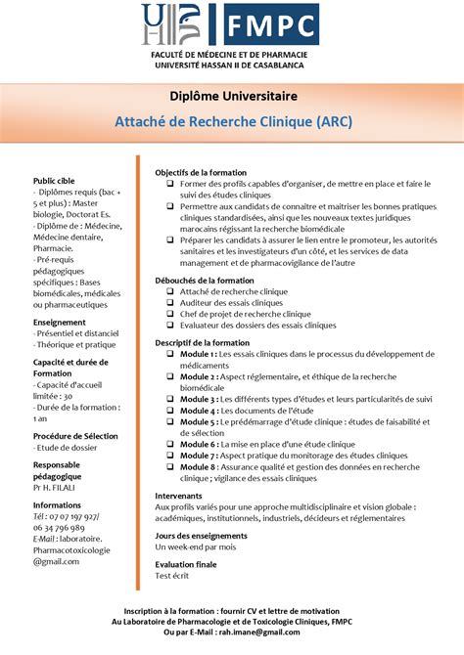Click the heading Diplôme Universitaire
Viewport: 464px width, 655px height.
(232, 97)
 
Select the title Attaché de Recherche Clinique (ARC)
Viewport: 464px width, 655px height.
(232, 122)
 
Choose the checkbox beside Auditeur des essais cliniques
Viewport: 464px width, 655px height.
(170, 303)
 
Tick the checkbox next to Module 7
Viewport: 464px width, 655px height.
(170, 456)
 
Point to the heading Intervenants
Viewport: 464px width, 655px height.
(179, 496)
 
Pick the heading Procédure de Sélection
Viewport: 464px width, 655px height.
(75, 436)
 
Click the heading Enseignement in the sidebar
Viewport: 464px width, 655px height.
(60, 322)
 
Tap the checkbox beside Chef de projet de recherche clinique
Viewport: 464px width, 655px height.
(170, 314)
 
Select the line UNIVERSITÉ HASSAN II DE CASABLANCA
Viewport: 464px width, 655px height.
(232, 65)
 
